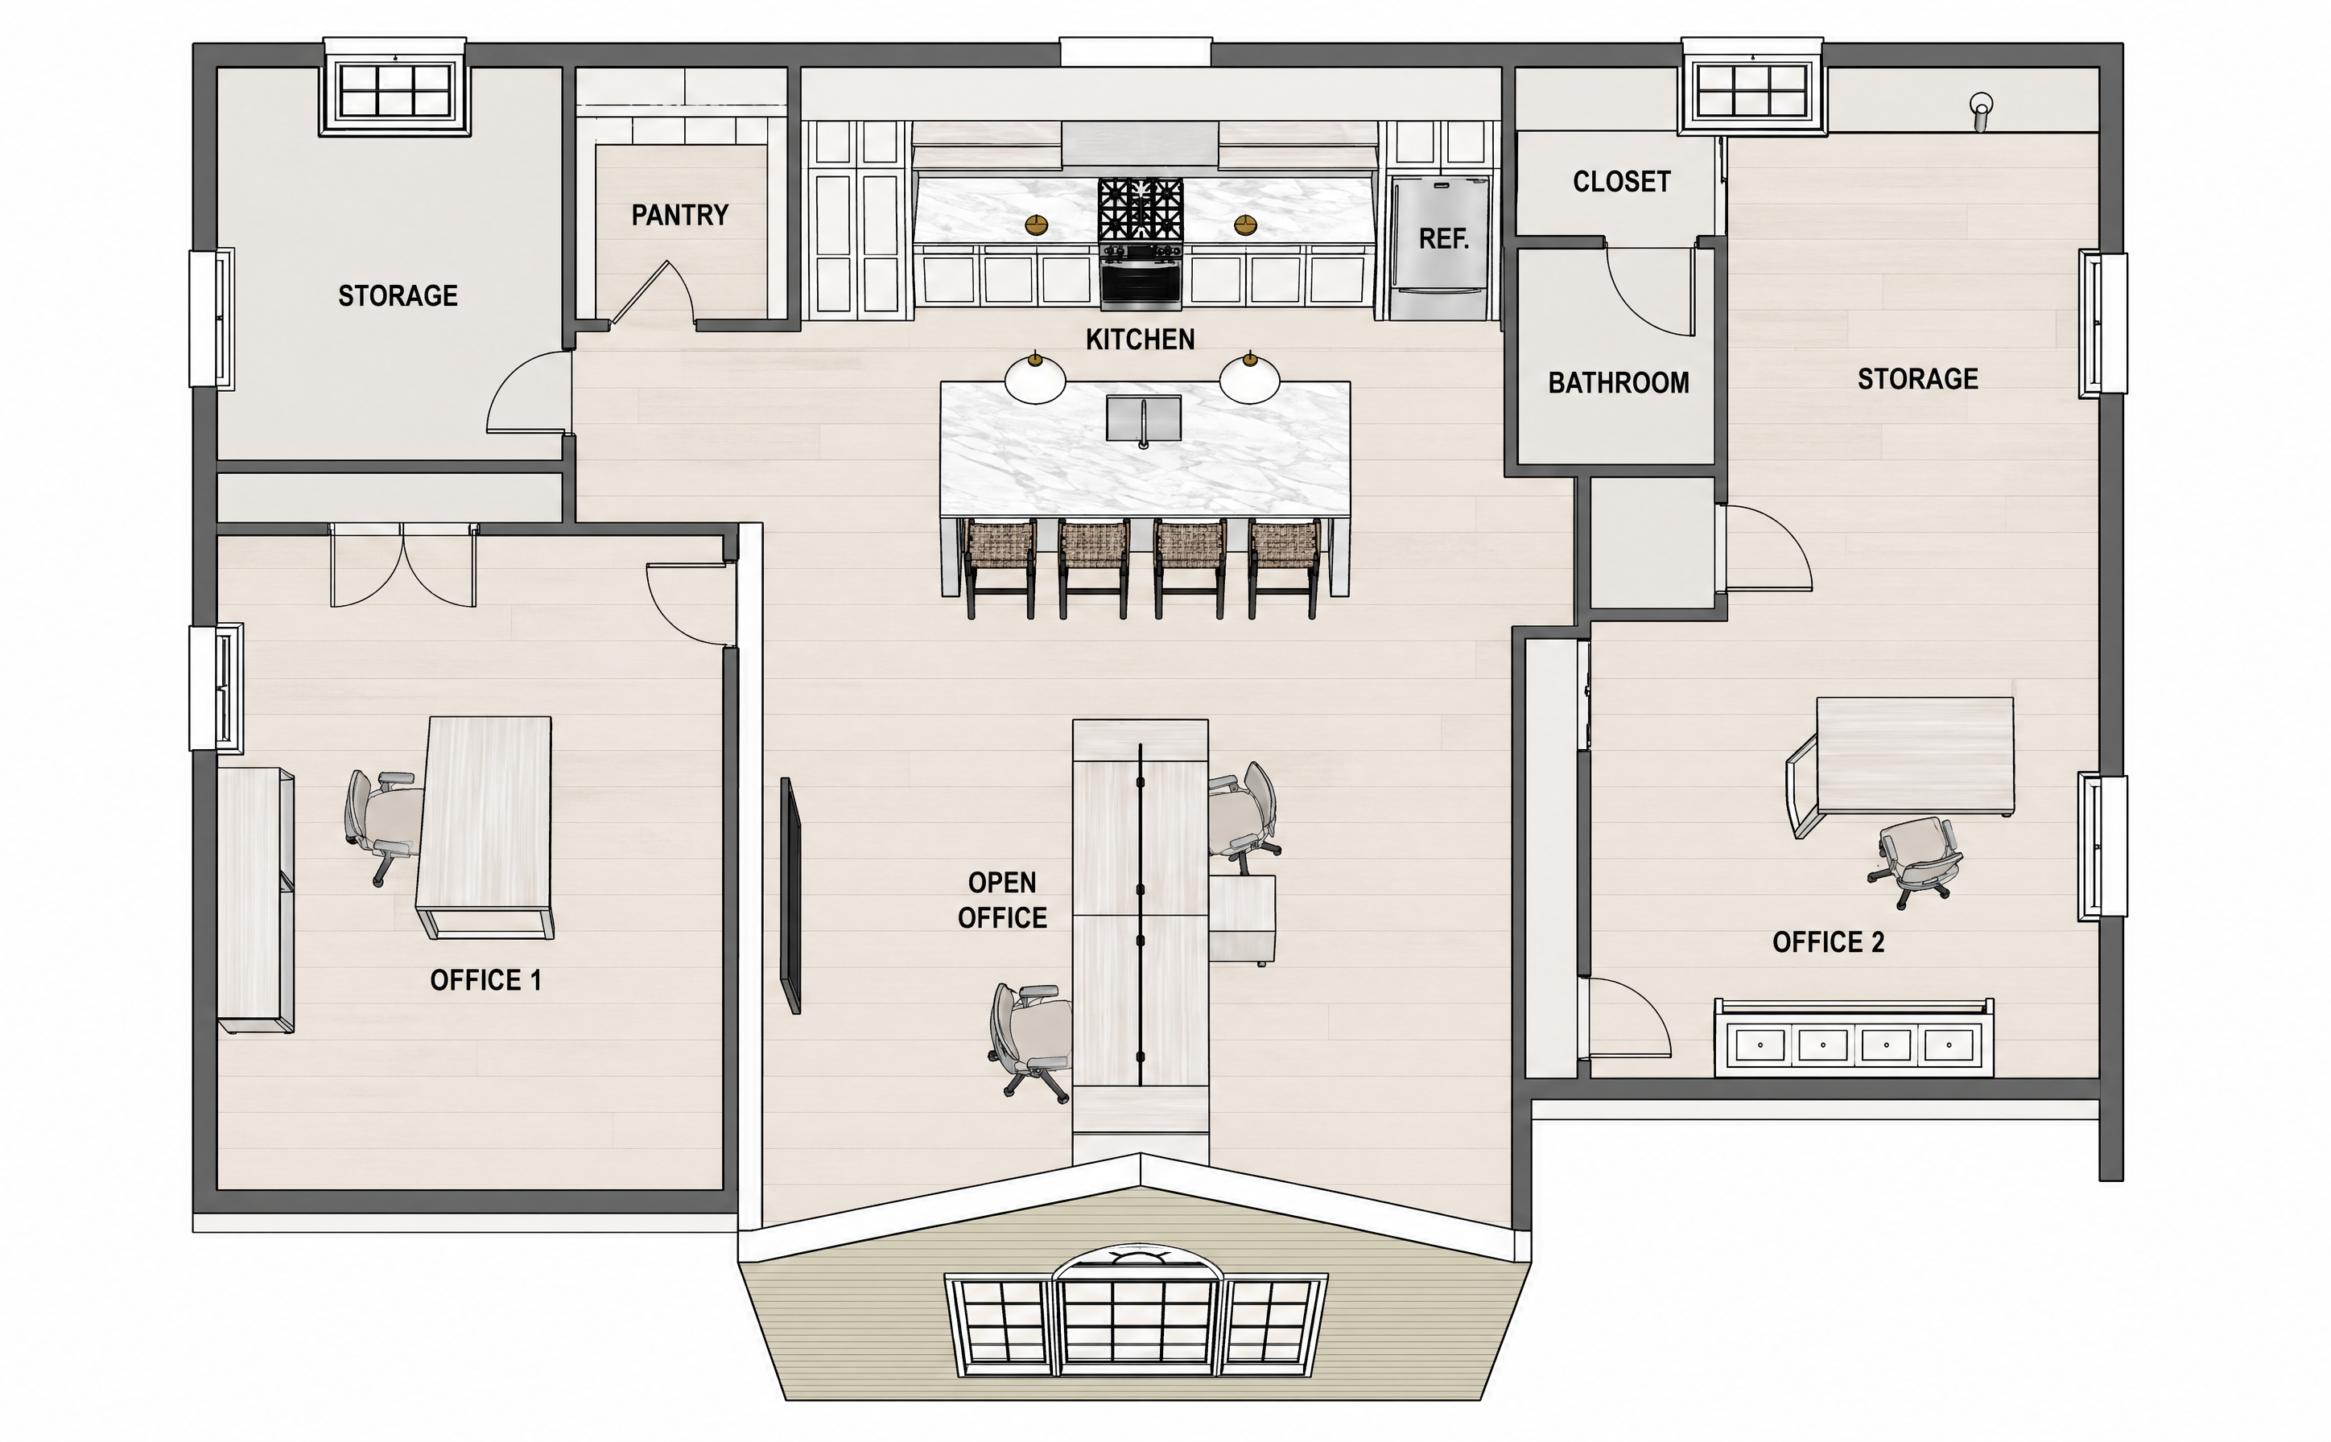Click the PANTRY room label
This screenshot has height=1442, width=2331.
(679, 216)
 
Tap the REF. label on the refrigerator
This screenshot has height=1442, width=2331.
(1443, 238)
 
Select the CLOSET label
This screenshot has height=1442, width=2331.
(1621, 181)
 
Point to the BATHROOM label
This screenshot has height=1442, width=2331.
(1619, 382)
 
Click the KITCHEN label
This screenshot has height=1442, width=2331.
(1140, 340)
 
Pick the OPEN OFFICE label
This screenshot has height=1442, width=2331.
(1002, 900)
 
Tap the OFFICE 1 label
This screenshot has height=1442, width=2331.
(485, 980)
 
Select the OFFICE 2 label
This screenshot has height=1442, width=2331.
(1829, 942)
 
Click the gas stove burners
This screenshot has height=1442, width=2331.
(1141, 210)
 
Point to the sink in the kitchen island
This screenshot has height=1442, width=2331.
(1144, 419)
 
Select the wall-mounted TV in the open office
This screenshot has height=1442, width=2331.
(790, 896)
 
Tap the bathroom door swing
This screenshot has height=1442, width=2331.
(1651, 290)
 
